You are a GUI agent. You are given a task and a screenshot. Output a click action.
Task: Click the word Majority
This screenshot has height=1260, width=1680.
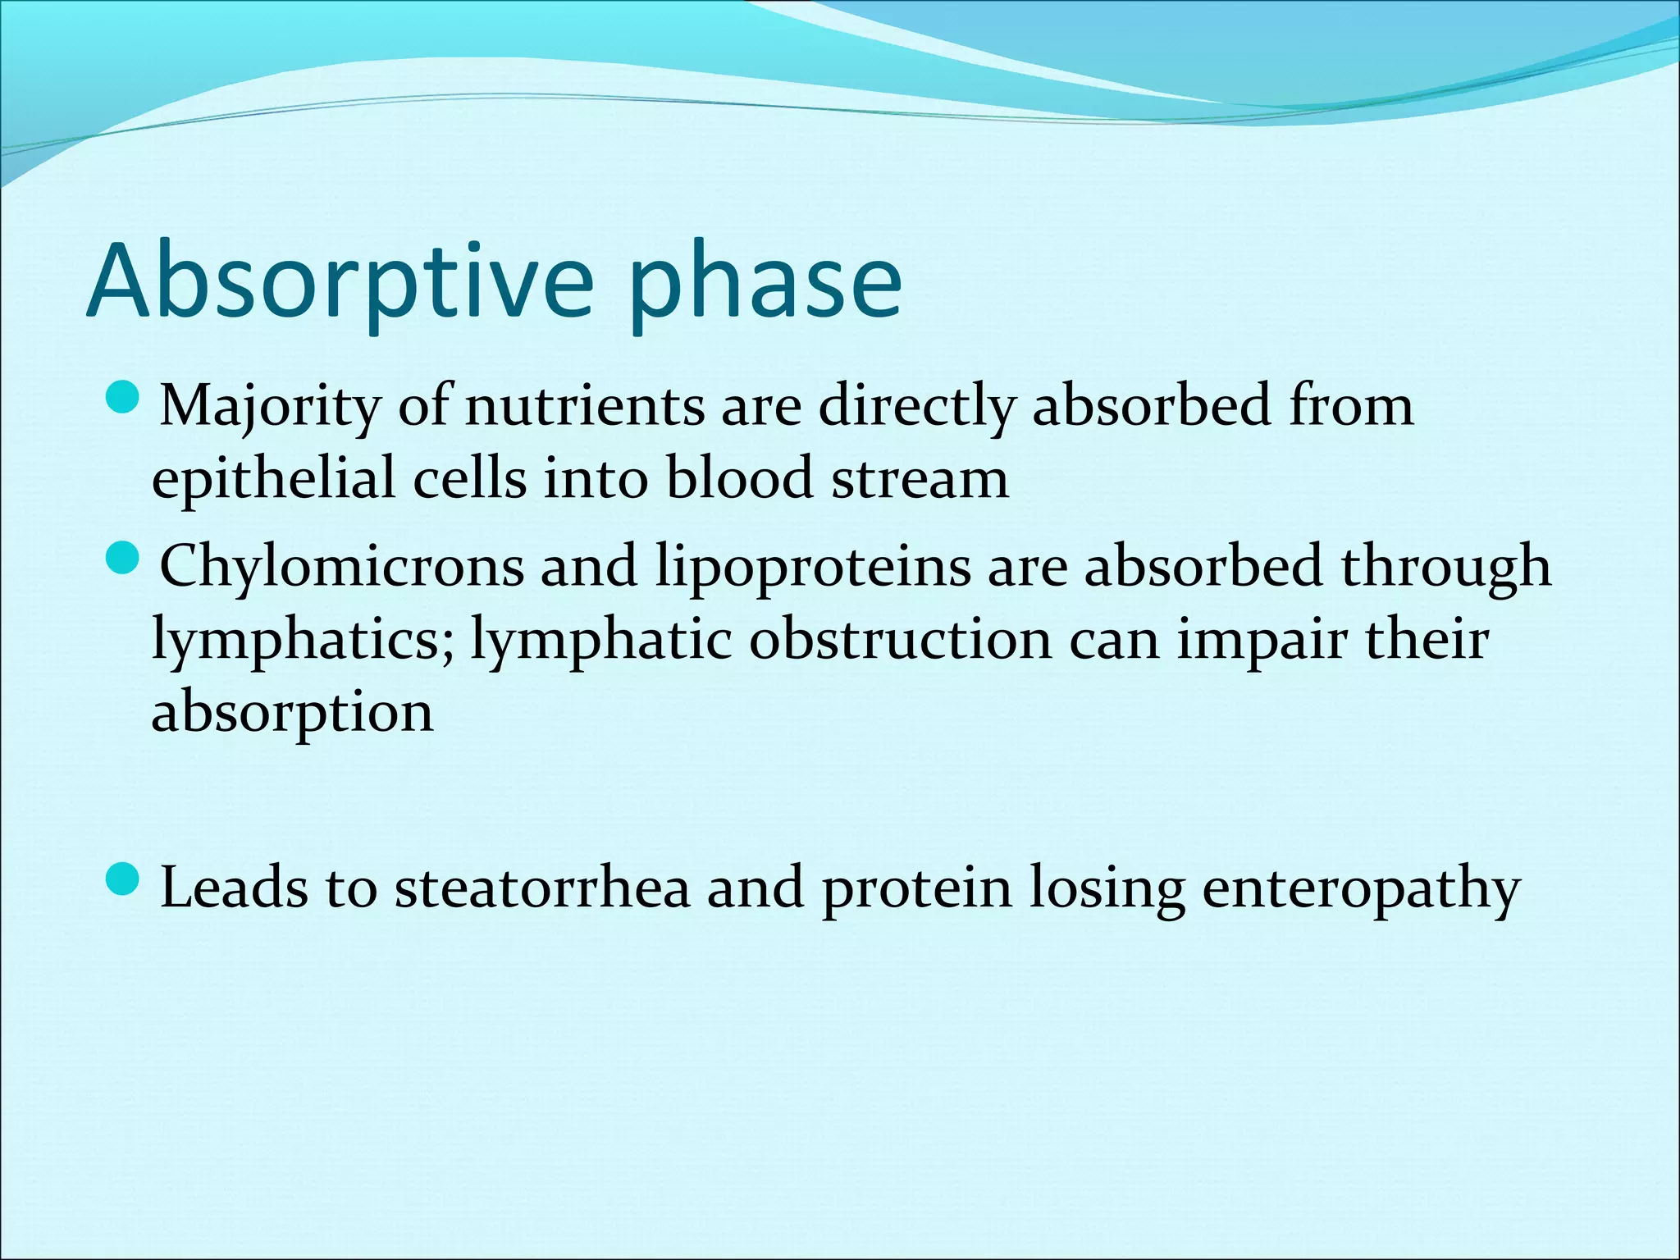[x=270, y=407]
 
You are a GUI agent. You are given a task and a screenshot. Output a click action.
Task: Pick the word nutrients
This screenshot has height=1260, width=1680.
[x=584, y=407]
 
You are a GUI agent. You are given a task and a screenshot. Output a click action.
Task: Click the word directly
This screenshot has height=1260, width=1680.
[x=916, y=407]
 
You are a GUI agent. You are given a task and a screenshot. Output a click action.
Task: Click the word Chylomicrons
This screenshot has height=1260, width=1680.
[x=341, y=568]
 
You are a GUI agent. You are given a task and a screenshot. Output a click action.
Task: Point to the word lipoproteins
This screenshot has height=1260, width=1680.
[x=813, y=568]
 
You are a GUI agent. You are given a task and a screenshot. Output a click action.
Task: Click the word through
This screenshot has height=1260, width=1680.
[x=1446, y=568]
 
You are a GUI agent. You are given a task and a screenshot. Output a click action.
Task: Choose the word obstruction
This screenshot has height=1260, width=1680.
[x=900, y=640]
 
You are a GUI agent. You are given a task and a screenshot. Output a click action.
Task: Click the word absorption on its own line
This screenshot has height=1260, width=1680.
[x=292, y=712]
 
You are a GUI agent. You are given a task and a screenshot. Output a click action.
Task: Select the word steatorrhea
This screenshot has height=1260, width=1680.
[x=542, y=888]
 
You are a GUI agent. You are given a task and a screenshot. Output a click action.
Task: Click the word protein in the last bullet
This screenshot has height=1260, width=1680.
[x=917, y=888]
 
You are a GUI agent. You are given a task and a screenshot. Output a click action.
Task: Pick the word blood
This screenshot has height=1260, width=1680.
[x=739, y=479]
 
